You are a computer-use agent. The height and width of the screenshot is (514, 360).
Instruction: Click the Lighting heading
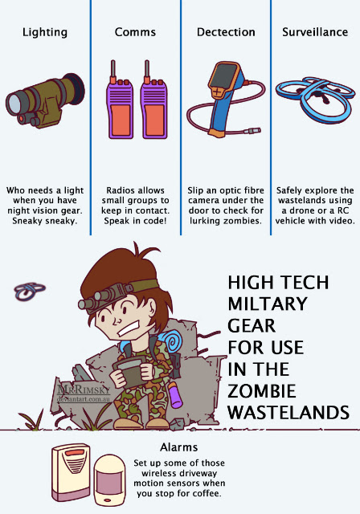tap(45, 32)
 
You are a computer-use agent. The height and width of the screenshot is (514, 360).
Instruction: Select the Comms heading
tap(135, 32)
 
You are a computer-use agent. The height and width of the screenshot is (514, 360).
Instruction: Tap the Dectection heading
tap(226, 32)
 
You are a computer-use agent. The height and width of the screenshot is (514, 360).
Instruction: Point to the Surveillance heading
tap(315, 32)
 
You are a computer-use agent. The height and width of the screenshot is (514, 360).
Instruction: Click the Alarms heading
tap(178, 447)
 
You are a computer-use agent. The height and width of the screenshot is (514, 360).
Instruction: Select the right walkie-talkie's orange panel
tap(154, 120)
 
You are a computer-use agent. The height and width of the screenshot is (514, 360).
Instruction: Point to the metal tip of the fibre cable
tap(255, 131)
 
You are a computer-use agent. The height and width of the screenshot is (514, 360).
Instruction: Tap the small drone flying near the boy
tap(30, 291)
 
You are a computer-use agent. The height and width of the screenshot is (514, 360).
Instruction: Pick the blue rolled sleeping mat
tap(170, 341)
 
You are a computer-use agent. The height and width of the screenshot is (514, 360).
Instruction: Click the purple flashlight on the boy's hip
tap(175, 395)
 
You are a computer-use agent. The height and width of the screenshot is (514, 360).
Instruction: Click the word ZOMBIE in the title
tap(262, 391)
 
